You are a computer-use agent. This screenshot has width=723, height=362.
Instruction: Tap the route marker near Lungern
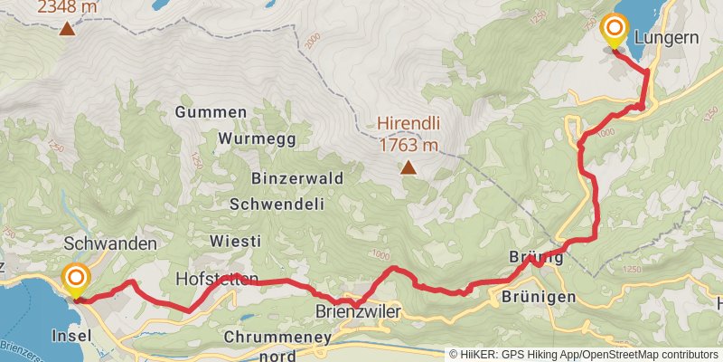[615, 30]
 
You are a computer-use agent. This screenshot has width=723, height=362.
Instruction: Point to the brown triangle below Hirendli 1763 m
[408, 167]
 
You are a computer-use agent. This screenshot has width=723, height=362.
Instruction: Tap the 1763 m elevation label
[408, 145]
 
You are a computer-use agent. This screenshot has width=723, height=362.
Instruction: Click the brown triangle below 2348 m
[67, 29]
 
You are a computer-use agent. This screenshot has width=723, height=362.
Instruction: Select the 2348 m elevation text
[67, 7]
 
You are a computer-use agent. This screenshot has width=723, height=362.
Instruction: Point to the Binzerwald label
[286, 178]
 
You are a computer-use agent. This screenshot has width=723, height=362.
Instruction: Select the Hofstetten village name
[217, 278]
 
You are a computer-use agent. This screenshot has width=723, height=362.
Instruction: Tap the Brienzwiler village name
[357, 310]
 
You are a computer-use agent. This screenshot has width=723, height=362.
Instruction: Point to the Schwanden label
[111, 244]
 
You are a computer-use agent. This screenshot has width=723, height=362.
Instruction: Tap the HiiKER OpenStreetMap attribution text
[584, 354]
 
